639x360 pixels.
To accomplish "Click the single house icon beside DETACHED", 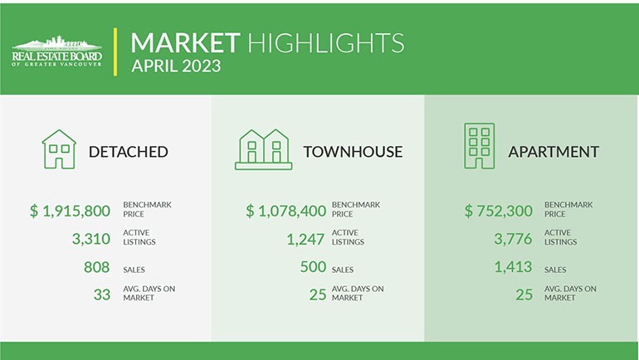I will pos(59,148).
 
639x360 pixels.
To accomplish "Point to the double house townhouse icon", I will pos(263,149).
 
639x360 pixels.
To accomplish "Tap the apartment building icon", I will pos(479,146).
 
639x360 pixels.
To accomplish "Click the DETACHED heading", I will pos(128,152).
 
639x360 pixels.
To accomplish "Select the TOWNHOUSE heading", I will pos(353,152).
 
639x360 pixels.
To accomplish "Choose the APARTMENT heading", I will pos(554,152).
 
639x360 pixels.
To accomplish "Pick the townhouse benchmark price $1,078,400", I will pos(286,212).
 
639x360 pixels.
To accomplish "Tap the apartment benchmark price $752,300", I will pos(499,212).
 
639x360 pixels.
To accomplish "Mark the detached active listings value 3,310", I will pos(90,240).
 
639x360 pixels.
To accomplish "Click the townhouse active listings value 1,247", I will pos(305,240).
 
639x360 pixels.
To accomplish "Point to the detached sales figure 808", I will pos(97,267).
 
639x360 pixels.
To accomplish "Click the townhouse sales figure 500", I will pos(312,267).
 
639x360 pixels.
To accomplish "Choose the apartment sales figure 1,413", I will pos(514,267).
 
